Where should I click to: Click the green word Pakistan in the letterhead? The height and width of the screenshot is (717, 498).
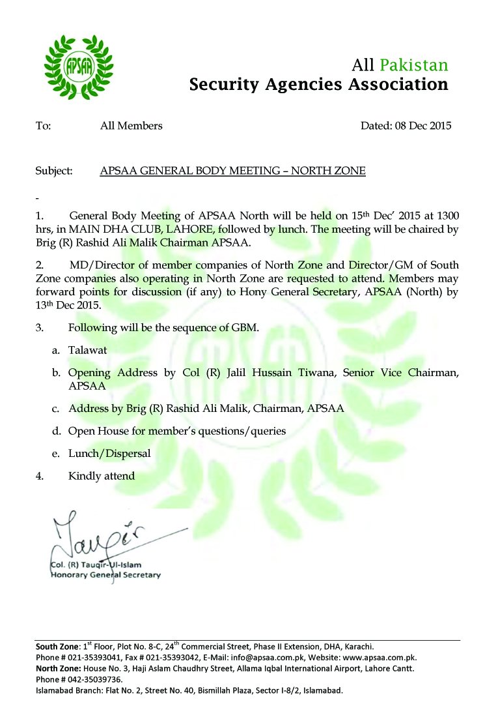click(x=414, y=65)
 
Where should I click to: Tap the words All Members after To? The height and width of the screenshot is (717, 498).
click(x=131, y=126)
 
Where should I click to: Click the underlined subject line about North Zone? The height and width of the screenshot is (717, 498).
click(x=232, y=171)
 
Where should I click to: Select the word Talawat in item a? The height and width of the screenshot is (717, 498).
click(x=88, y=350)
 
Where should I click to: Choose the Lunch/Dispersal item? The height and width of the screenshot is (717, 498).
click(x=109, y=453)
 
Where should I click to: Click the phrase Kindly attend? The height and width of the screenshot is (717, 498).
click(x=102, y=476)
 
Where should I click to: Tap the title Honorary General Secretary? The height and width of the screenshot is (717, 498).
click(x=105, y=575)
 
